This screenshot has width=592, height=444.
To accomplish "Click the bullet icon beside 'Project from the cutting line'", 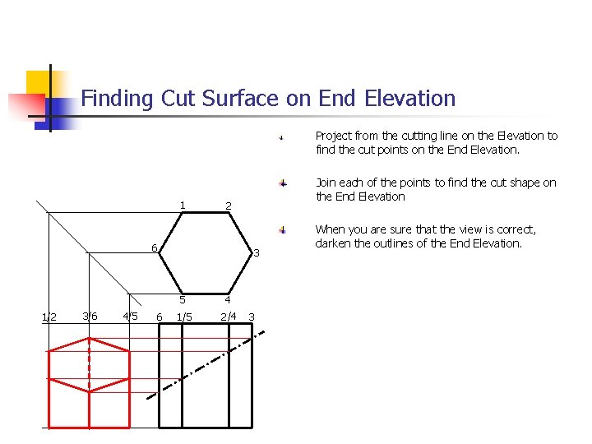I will point(281,137).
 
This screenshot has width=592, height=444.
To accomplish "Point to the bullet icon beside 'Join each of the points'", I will point(281,183).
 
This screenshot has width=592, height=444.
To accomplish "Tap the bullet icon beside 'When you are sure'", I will point(281,230).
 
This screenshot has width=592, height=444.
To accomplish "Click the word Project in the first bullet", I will point(334,136).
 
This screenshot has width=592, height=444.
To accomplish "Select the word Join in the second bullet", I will point(326,183).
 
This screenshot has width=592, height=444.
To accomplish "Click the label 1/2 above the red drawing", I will point(49,317).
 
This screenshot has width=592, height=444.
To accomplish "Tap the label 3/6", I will point(90,316).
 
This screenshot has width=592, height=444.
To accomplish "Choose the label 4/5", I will point(129,316).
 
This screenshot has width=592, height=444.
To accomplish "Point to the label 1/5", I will point(184,317).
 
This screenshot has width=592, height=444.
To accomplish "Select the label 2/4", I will point(229,316).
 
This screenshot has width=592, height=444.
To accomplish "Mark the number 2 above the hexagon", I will point(229,206).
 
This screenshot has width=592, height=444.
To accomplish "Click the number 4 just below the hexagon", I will point(229,299).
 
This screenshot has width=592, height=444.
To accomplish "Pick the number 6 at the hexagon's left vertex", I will point(154,248).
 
